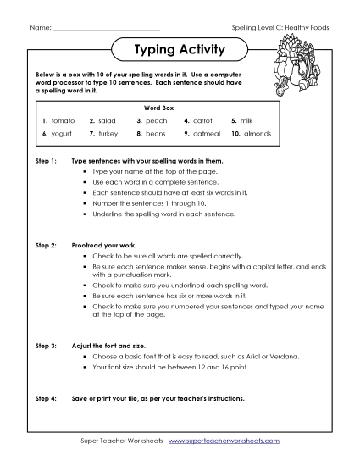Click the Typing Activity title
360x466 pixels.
click(180, 51)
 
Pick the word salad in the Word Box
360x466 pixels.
click(108, 121)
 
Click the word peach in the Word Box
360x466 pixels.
click(157, 121)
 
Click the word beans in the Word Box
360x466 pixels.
click(157, 134)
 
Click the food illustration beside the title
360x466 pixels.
click(296, 68)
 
